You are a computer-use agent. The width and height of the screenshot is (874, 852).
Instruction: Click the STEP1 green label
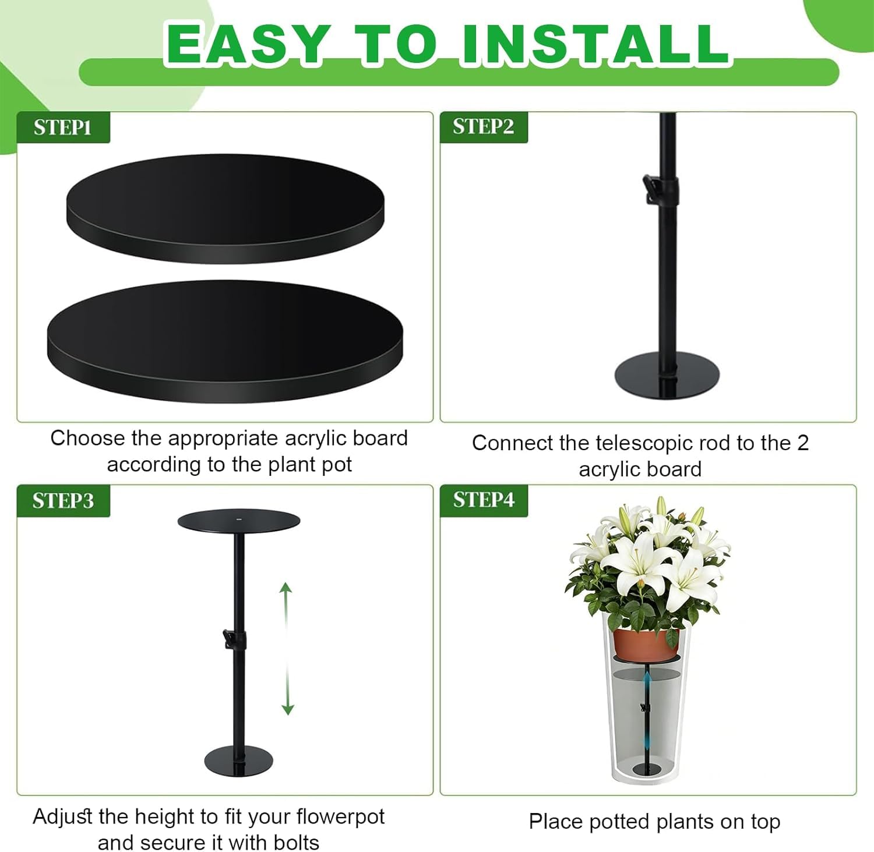(63, 127)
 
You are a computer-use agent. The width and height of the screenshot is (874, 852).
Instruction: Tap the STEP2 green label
(484, 126)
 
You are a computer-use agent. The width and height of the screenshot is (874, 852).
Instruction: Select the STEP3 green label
(63, 500)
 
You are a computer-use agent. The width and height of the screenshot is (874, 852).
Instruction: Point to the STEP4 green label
(484, 500)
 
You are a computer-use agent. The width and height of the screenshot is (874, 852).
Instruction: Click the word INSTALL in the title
(595, 44)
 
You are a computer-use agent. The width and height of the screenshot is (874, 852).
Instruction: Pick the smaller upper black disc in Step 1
(225, 208)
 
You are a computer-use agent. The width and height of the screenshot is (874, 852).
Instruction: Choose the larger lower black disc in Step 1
(225, 341)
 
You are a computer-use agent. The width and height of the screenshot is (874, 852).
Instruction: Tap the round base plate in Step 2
(668, 376)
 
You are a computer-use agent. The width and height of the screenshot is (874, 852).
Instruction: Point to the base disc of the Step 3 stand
(238, 760)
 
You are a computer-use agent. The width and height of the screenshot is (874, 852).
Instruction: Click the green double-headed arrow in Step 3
(287, 648)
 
